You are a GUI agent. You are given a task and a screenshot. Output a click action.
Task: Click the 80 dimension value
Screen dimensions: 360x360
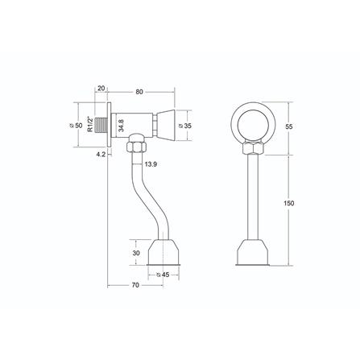click(x=139, y=92)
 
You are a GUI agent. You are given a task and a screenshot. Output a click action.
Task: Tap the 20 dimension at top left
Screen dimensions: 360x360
click(x=101, y=89)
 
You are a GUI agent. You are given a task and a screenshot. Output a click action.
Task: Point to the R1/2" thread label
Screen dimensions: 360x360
click(x=90, y=124)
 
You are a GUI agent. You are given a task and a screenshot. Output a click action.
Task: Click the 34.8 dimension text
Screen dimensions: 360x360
click(x=121, y=126)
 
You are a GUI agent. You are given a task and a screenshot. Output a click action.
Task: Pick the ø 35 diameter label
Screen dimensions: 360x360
click(x=185, y=126)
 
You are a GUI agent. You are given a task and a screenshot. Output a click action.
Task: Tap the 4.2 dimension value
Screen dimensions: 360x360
click(x=101, y=154)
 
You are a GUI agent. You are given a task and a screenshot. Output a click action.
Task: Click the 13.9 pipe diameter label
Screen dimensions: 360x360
click(x=151, y=164)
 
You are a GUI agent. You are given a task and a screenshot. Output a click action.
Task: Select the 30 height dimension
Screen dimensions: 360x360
click(x=136, y=253)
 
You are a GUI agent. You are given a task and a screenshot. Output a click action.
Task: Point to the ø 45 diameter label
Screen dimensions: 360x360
click(x=163, y=275)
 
